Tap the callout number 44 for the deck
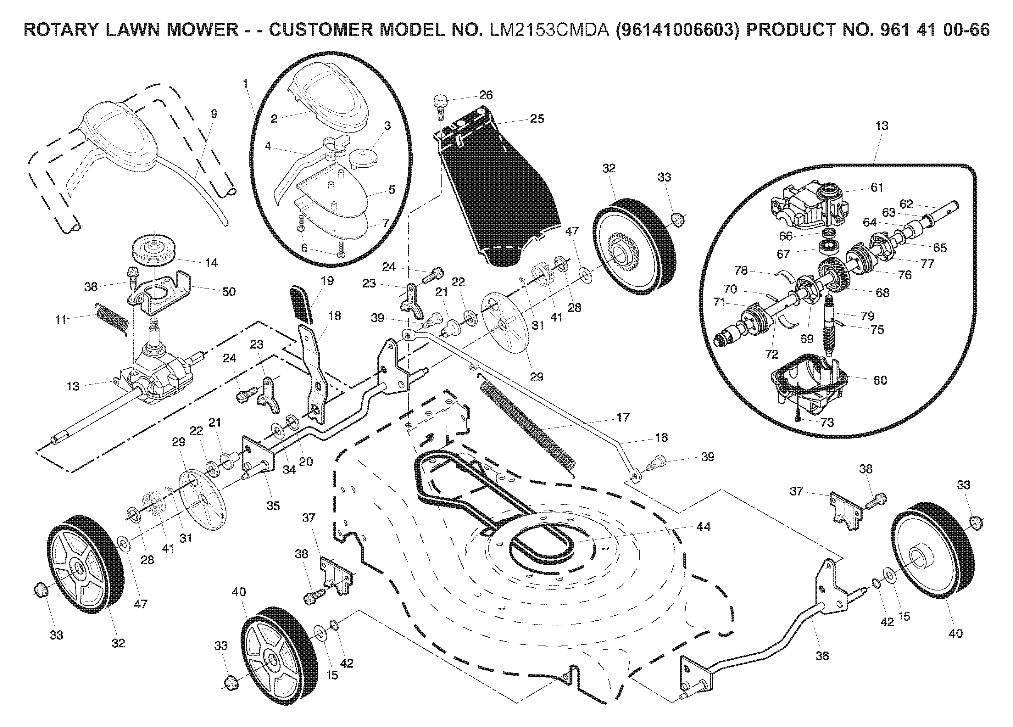point(704,527)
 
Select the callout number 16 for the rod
point(661,438)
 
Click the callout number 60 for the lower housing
point(880,380)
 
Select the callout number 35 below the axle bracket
point(273,506)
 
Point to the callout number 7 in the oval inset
point(386,222)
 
